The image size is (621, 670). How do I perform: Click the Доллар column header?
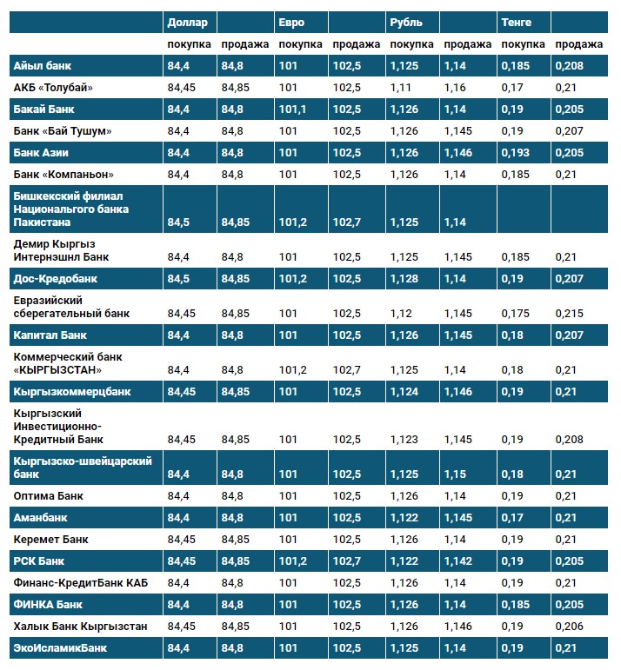pos(186,22)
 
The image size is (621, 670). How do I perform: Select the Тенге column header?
pos(516,22)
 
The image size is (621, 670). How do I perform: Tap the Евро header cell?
pos(291,22)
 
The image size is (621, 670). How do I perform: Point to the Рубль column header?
pos(407,22)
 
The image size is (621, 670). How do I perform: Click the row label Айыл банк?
pos(42,65)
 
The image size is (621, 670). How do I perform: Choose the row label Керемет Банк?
pos(51,539)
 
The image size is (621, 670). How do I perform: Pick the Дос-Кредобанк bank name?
pos(55,279)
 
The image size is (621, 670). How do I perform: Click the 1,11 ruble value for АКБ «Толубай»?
pos(401,87)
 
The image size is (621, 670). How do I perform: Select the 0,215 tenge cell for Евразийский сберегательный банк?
pos(568,313)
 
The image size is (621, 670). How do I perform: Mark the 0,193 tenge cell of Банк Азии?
pos(514,152)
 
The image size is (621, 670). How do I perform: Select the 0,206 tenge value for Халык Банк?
pos(568,626)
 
